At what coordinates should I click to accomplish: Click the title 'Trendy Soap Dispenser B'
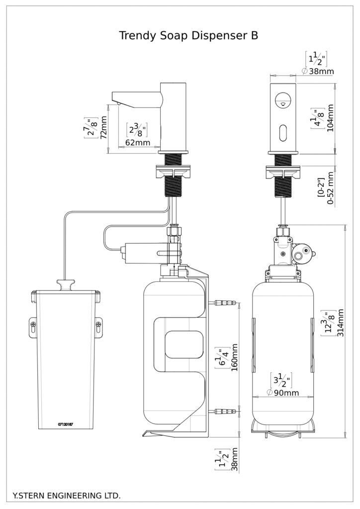[188, 36]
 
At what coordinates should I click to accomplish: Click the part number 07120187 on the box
[66, 424]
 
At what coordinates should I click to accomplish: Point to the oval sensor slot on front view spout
[282, 133]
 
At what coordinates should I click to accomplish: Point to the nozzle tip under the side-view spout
[119, 103]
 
